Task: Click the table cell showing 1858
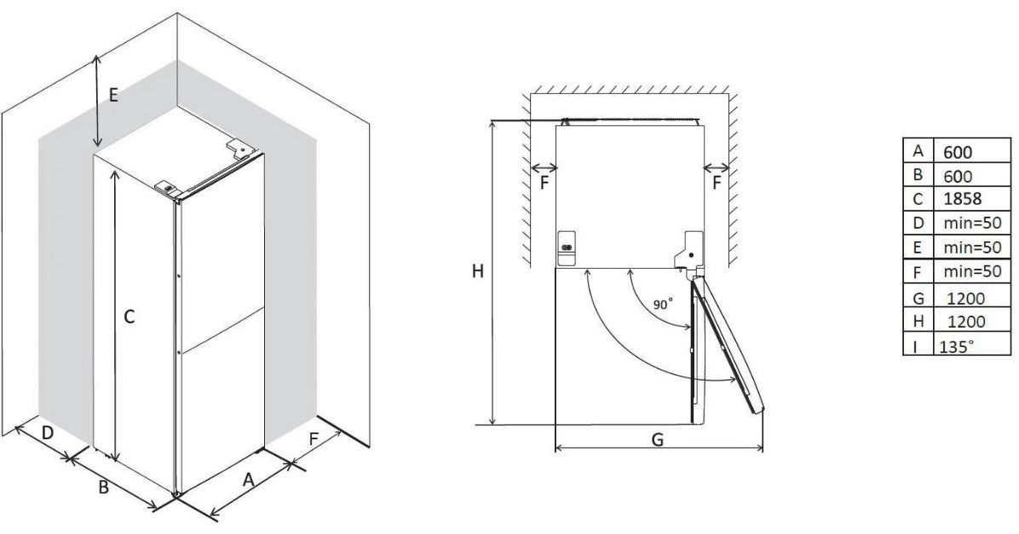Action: click(962, 199)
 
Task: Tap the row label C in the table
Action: click(918, 199)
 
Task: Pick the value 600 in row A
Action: click(958, 152)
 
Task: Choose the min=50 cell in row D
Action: click(972, 223)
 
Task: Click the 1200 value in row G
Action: click(966, 299)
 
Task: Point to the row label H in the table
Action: click(918, 320)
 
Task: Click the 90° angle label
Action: click(663, 304)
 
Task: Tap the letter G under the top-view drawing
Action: click(658, 439)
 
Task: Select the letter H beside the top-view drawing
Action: click(478, 271)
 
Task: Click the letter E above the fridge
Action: click(113, 96)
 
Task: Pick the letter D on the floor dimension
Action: click(48, 432)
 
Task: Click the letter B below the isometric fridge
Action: click(103, 486)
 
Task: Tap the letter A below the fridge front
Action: click(248, 480)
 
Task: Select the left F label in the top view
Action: click(544, 183)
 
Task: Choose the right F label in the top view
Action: click(717, 183)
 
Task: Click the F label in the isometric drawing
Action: click(314, 439)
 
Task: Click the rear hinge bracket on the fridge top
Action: click(239, 149)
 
